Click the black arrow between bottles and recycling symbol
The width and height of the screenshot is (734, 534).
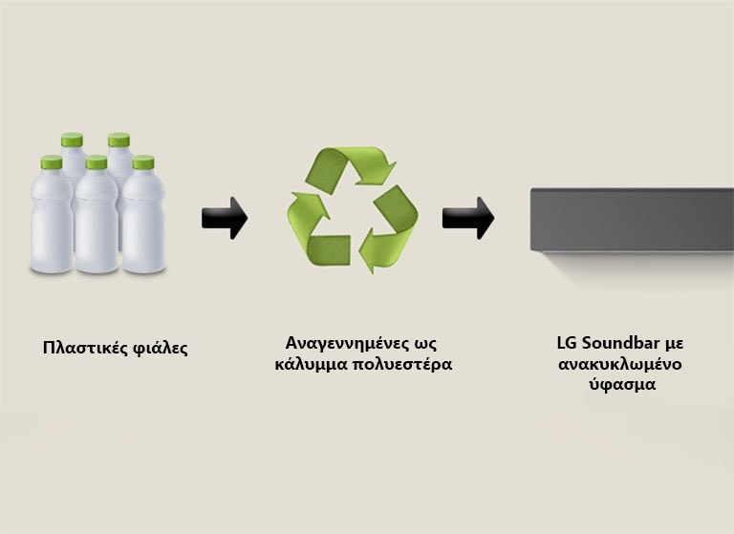pyautogui.click(x=225, y=218)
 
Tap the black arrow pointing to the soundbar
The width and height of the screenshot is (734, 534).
pyautogui.click(x=468, y=218)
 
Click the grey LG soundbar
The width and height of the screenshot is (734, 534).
pyautogui.click(x=632, y=220)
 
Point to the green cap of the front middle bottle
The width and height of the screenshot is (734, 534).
pyautogui.click(x=97, y=163)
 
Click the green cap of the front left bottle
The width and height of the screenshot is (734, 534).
pyautogui.click(x=52, y=162)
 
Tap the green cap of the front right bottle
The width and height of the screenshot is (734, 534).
pyautogui.click(x=143, y=162)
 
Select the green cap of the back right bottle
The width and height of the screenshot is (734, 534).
pyautogui.click(x=119, y=140)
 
